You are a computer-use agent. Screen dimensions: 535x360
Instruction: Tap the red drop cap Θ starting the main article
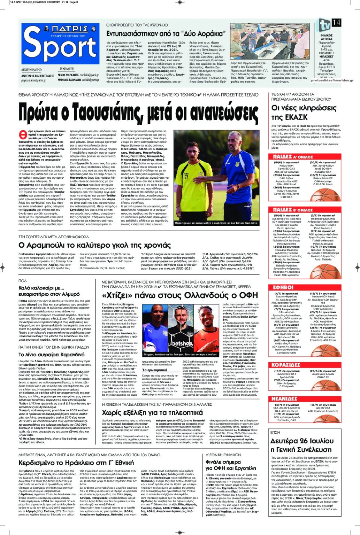(22, 134)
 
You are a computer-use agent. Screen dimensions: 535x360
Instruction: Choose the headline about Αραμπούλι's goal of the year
(94, 245)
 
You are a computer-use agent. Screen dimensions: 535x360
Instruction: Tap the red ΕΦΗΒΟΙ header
(283, 288)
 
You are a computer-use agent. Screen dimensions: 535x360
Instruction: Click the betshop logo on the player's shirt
(182, 343)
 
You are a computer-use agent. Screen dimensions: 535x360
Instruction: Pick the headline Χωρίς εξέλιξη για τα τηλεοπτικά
(152, 413)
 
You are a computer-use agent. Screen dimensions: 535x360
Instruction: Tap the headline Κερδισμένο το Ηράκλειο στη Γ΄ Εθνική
(76, 463)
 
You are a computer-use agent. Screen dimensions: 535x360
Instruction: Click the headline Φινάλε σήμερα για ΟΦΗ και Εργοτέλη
(231, 465)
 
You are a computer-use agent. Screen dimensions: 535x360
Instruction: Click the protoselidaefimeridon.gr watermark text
(332, 80)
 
